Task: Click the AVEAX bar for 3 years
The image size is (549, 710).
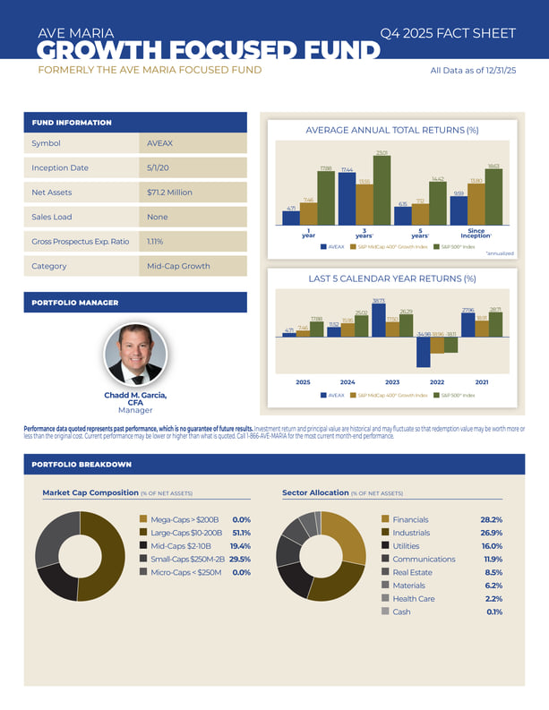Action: coord(347,199)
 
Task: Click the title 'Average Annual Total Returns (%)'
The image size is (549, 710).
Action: coord(392,131)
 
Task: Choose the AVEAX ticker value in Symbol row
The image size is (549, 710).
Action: coord(158,143)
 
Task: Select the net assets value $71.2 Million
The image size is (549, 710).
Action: coord(169,192)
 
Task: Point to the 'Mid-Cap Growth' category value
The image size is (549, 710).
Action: coord(179,266)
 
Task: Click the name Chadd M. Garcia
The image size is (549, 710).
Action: coord(135,395)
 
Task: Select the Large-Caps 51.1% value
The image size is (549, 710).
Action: coord(240,532)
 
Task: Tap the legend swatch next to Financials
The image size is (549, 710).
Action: coord(385,519)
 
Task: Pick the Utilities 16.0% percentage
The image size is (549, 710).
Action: coord(492,545)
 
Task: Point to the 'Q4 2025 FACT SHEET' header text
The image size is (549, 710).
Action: coord(448,33)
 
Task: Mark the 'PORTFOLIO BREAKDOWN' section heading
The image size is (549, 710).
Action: coord(81,465)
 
